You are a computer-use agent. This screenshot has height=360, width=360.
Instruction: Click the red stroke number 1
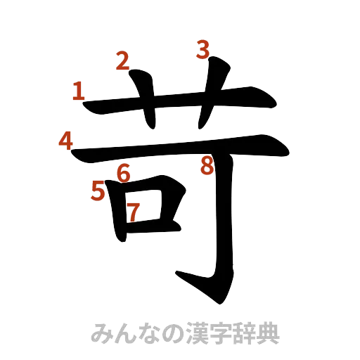click(x=79, y=90)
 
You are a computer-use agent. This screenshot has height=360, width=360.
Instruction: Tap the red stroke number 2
click(x=122, y=62)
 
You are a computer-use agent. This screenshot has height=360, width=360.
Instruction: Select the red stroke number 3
click(x=203, y=50)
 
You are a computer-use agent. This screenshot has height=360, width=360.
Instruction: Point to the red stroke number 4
click(x=65, y=141)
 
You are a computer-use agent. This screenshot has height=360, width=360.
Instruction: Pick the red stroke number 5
click(x=98, y=190)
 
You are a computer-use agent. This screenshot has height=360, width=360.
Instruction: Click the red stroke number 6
click(x=124, y=172)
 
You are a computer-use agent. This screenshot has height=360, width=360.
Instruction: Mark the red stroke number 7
click(x=133, y=210)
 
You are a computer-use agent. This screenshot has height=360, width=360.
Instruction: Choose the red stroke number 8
click(x=206, y=166)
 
